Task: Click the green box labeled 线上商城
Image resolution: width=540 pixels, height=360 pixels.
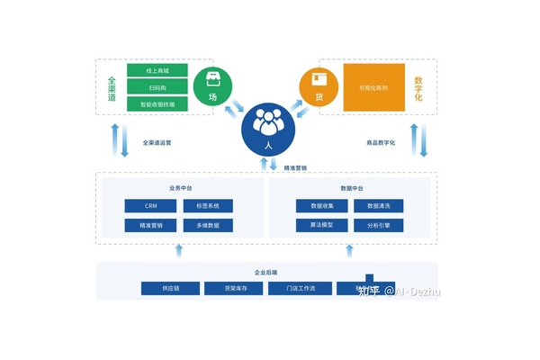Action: (x=157, y=69)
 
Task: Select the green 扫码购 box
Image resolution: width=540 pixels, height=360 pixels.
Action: (x=157, y=86)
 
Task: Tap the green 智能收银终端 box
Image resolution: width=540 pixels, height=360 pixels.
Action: (x=157, y=103)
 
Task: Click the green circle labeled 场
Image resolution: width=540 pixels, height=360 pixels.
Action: (x=212, y=86)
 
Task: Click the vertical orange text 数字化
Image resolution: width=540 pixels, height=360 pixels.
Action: (x=418, y=87)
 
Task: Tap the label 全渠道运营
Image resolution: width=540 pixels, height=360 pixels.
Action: (x=157, y=142)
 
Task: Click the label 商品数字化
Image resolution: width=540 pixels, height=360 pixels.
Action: (x=381, y=142)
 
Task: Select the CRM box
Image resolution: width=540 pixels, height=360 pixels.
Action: (x=149, y=206)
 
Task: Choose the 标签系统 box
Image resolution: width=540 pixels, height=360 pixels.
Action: (x=208, y=206)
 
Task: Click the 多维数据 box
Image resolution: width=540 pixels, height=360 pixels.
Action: (x=208, y=225)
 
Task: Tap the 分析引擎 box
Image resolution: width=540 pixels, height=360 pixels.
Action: (x=379, y=225)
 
